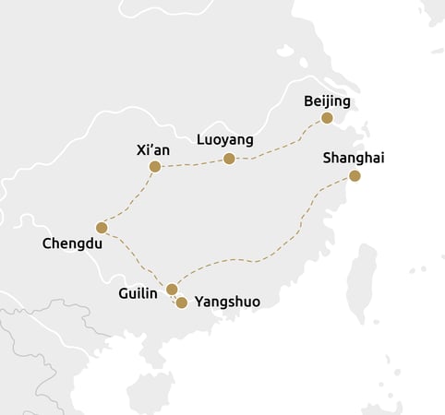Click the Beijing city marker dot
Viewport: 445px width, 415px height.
point(326,118)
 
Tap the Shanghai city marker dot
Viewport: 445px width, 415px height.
point(355,176)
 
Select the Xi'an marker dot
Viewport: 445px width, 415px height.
point(155,167)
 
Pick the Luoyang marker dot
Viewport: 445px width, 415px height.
point(229,159)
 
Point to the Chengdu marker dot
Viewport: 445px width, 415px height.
point(102,228)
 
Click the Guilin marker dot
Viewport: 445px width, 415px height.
point(172,290)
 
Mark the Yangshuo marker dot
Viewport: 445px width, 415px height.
point(182,302)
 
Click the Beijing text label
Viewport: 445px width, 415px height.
point(327,101)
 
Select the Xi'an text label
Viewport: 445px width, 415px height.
point(152,148)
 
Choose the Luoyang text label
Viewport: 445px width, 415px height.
point(225,140)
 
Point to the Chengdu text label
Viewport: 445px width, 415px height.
point(72,244)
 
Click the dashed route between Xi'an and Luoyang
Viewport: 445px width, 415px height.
point(192,164)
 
